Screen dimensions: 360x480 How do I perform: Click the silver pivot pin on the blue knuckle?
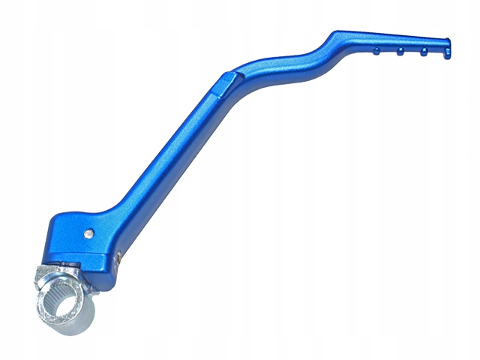[x=89, y=232]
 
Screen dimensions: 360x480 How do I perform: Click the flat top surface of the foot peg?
[x=390, y=40]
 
